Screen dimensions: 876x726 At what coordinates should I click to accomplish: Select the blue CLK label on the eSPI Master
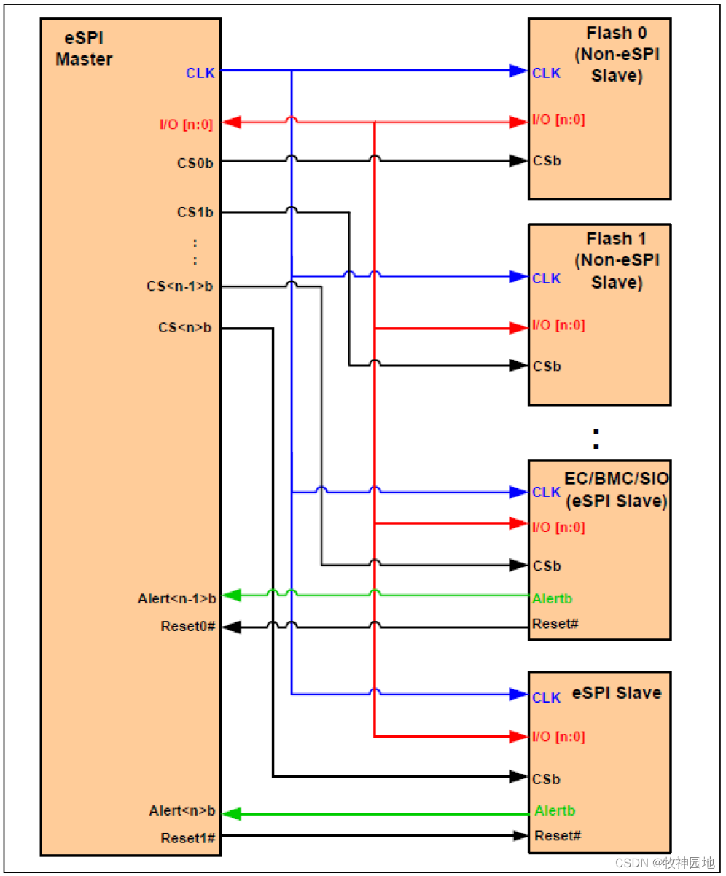click(x=200, y=73)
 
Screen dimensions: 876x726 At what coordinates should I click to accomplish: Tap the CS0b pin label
click(x=195, y=162)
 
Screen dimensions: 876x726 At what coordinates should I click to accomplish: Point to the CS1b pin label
click(x=195, y=213)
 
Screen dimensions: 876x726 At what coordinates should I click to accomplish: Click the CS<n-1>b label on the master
click(x=180, y=286)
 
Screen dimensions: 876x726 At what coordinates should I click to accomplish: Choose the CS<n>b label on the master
click(x=185, y=328)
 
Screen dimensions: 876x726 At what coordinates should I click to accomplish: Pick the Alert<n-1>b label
click(x=177, y=599)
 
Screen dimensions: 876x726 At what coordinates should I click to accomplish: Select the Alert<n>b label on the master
click(x=182, y=810)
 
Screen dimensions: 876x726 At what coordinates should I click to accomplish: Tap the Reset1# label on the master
click(x=188, y=838)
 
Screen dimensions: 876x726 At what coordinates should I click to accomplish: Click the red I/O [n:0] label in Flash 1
click(x=558, y=326)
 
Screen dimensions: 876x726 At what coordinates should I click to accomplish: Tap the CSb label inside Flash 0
click(x=547, y=161)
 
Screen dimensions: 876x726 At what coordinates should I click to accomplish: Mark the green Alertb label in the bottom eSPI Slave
click(x=555, y=810)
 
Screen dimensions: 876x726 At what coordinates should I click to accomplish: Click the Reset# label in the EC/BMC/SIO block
click(x=555, y=624)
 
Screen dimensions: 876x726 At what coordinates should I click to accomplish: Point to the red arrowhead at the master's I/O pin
click(x=231, y=122)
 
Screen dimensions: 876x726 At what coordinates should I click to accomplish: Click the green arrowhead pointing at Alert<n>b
click(x=231, y=813)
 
